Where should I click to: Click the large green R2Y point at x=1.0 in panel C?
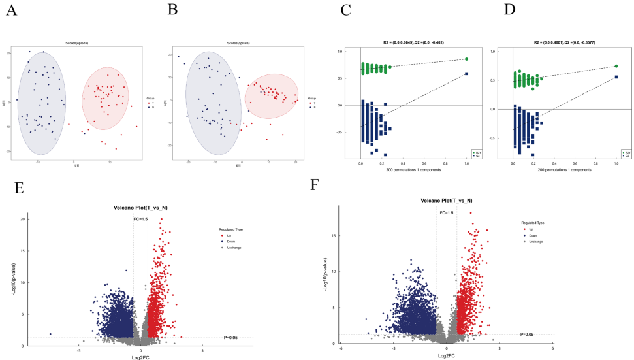click(x=466, y=59)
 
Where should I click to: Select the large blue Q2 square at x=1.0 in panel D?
click(x=616, y=77)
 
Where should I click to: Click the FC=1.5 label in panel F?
click(x=447, y=213)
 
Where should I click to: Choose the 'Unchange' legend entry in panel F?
click(x=534, y=242)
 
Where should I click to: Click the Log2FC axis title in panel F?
click(x=447, y=356)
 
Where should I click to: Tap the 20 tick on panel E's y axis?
click(x=24, y=219)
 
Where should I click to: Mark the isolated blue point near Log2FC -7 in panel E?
click(x=50, y=334)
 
